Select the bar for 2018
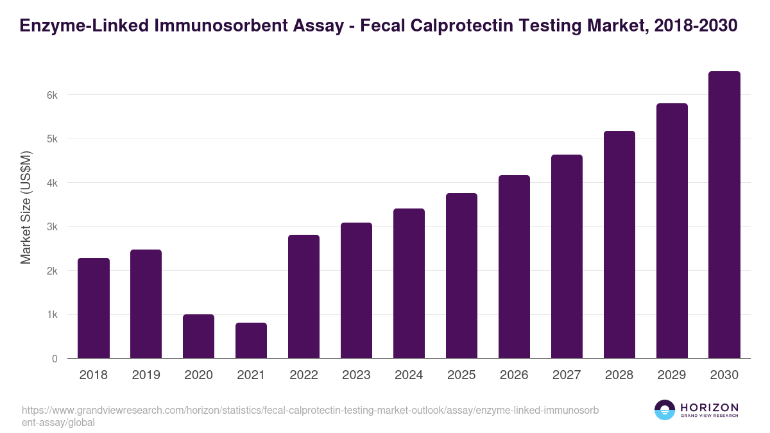tap(94, 308)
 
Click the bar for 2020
tap(198, 336)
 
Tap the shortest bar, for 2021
tap(251, 341)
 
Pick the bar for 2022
tap(304, 296)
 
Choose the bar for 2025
tap(461, 276)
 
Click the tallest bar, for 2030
tap(724, 215)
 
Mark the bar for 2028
tap(619, 244)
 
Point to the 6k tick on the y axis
tap(52, 95)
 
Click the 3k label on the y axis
tap(52, 227)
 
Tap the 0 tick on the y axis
tap(55, 359)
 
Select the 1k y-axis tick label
tap(52, 315)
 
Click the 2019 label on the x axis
tap(146, 375)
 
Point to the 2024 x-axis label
tap(409, 375)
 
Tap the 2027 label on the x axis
tap(567, 375)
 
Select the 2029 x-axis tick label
tap(672, 375)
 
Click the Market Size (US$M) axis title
tap(26, 207)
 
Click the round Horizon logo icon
tap(665, 410)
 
